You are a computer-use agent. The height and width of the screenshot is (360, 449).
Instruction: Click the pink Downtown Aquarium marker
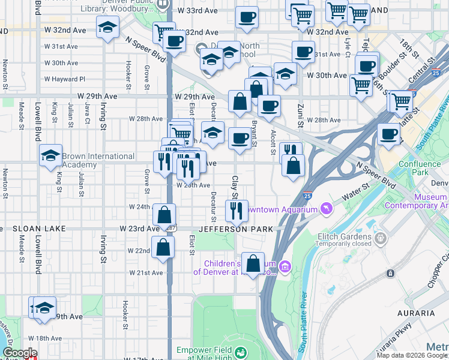click(x=326, y=208)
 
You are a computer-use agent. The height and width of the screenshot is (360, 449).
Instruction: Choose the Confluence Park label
click(x=419, y=164)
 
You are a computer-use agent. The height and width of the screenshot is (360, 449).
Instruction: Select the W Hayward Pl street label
click(x=65, y=79)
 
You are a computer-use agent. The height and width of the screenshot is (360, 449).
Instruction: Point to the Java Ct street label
click(x=87, y=111)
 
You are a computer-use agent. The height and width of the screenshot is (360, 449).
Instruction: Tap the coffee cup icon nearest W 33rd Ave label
click(x=246, y=17)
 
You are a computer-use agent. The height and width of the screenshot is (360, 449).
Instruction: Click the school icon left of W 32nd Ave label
click(x=108, y=27)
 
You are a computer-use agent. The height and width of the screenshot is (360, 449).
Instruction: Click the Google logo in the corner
click(x=19, y=353)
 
